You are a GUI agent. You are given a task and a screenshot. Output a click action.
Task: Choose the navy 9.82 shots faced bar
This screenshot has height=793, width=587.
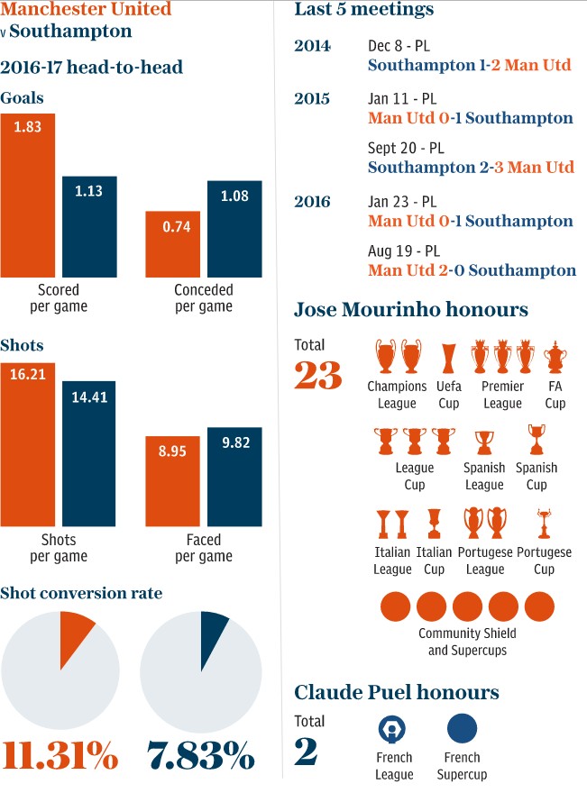[234, 477]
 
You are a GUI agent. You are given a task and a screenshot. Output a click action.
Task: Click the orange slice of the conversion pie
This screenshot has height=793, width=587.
[74, 634]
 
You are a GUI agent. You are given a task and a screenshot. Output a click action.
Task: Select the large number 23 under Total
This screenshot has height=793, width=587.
[318, 375]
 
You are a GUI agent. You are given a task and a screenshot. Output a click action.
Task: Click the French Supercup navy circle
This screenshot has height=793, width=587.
[463, 728]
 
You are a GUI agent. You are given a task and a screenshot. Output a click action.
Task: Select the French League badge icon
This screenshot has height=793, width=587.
[394, 728]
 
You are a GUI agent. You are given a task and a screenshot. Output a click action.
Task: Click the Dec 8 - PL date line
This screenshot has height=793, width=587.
[402, 46]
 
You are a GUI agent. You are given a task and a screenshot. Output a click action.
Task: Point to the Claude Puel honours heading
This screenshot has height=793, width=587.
[397, 692]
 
